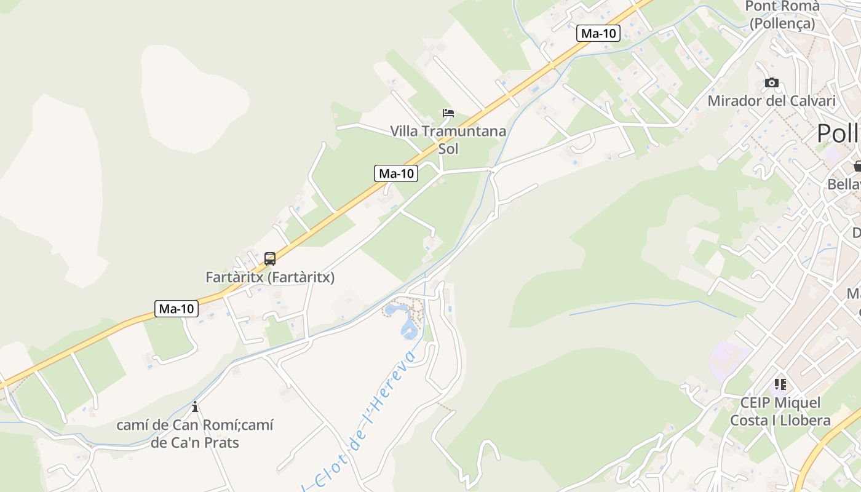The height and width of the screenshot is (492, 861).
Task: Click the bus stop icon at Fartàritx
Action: [269, 259]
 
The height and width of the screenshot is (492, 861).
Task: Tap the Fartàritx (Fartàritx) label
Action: [270, 277]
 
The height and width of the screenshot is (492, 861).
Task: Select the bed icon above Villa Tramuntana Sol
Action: [448, 113]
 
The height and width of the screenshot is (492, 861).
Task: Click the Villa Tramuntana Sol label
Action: [448, 140]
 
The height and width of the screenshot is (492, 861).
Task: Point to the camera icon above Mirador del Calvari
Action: [771, 82]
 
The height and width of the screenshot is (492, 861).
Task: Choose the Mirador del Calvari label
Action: [771, 101]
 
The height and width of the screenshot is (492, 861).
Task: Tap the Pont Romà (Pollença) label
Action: [782, 15]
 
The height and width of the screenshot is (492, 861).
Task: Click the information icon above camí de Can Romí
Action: [195, 407]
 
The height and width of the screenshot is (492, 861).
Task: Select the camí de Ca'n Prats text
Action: [195, 442]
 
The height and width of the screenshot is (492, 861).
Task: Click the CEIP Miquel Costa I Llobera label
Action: [780, 411]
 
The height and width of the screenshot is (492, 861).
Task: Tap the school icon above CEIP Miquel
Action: [780, 385]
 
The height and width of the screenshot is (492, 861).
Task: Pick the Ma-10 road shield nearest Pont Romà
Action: [598, 33]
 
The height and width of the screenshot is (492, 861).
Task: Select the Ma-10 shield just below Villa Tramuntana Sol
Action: [396, 173]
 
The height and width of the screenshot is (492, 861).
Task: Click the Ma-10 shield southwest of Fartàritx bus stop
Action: [177, 309]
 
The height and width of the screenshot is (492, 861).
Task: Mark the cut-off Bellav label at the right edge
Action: [844, 184]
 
